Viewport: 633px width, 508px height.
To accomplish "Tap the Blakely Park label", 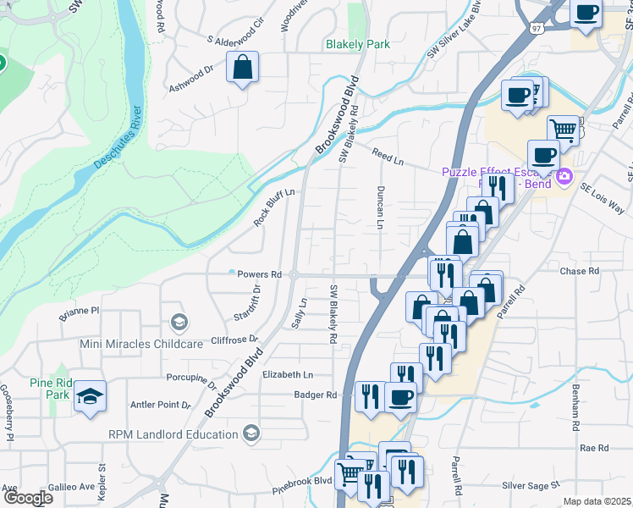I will tap(358, 44).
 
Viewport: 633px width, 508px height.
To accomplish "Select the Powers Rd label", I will tap(259, 274).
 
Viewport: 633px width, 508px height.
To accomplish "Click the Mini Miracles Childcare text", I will tap(141, 344).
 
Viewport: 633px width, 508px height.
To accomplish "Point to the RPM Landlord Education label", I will tap(173, 434).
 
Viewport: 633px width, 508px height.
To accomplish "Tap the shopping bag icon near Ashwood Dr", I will tap(242, 68).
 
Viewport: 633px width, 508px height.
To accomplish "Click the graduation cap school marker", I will tap(89, 397).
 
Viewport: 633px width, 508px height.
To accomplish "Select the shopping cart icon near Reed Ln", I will tap(563, 130).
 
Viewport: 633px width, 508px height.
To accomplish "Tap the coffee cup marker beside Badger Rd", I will tap(400, 396).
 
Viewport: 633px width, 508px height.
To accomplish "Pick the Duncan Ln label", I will tap(381, 207).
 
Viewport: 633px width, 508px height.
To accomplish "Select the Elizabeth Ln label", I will tap(288, 374).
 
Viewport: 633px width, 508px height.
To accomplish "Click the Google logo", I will tap(27, 497).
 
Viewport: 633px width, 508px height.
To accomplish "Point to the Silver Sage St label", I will tap(531, 486).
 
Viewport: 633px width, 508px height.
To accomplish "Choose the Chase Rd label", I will tap(580, 272).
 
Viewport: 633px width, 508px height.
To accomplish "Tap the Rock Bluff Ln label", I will tap(278, 207).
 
